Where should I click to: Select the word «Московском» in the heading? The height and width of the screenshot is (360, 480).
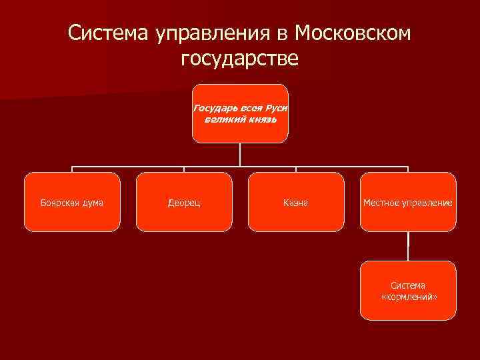(x=353, y=33)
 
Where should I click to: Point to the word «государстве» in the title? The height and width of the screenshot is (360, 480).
(x=239, y=59)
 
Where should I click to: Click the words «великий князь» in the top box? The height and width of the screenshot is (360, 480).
(x=240, y=119)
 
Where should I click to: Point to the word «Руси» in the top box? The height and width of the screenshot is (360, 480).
(x=275, y=107)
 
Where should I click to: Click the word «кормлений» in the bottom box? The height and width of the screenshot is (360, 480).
(x=409, y=297)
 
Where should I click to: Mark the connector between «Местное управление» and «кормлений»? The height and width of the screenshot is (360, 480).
(x=408, y=246)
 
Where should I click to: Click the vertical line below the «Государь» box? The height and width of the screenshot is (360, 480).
(x=240, y=155)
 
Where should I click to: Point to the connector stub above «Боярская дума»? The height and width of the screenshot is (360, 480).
(x=72, y=169)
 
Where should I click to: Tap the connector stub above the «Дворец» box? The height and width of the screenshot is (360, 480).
(x=184, y=169)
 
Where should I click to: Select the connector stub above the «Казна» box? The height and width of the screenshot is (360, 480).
(x=295, y=169)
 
